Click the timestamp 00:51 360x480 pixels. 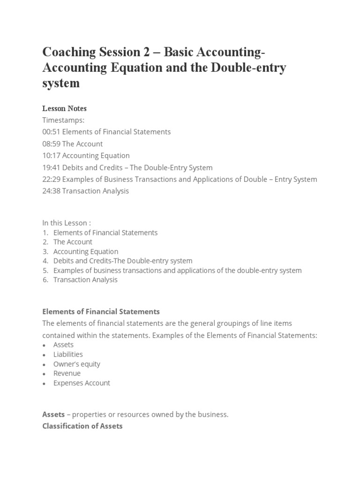[51, 132]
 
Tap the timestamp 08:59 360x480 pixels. [51, 144]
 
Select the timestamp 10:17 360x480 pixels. [51, 156]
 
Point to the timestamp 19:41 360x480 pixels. [51, 167]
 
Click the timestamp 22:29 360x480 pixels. [51, 179]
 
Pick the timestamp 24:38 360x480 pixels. [51, 191]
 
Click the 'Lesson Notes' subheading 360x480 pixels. [64, 109]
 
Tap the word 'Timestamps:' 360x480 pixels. [63, 120]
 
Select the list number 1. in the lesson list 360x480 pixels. [45, 232]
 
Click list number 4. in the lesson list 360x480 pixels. [45, 261]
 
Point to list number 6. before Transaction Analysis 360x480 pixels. [45, 280]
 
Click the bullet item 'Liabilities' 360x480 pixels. [68, 354]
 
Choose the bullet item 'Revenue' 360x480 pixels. [67, 373]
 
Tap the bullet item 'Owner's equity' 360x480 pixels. [77, 364]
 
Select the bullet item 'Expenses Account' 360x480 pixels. [82, 383]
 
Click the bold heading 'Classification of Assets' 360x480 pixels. [82, 426]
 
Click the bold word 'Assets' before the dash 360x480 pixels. [53, 415]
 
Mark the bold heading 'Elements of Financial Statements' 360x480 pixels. [101, 311]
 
